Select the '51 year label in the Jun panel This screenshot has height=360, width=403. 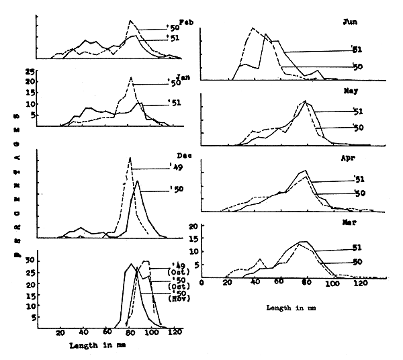358,49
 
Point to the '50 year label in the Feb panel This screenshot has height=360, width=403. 173,28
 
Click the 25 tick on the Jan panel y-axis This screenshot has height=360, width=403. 28,71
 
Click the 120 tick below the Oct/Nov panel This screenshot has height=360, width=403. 175,332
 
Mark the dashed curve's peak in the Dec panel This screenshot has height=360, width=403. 130,159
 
